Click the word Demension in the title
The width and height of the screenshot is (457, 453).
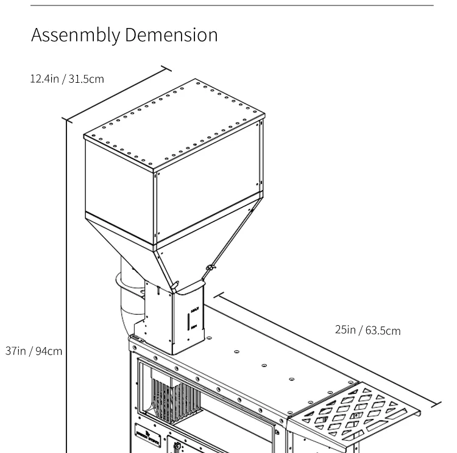click(x=171, y=35)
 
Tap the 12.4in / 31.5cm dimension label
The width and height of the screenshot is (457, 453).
click(x=67, y=79)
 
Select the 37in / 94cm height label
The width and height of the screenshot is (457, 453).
click(x=34, y=351)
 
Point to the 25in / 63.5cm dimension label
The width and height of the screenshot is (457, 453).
click(x=368, y=330)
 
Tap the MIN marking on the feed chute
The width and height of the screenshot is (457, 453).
click(x=194, y=327)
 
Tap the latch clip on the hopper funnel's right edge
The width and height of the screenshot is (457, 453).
click(x=210, y=267)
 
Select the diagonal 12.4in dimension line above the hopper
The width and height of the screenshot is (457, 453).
click(x=116, y=94)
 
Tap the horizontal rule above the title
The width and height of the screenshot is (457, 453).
click(x=232, y=6)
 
